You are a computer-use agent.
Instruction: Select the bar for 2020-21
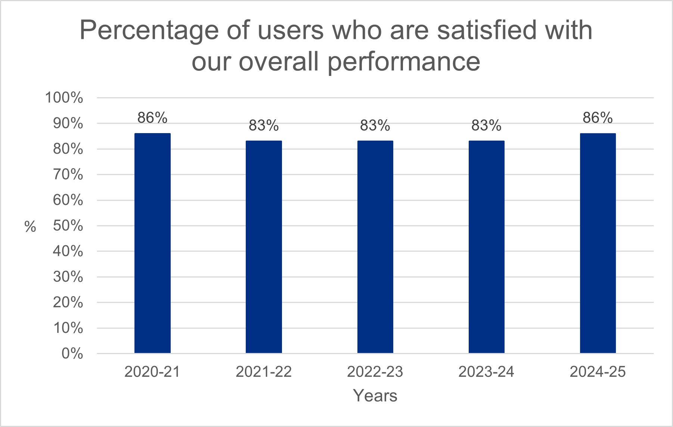pyautogui.click(x=152, y=243)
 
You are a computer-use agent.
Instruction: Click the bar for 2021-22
pyautogui.click(x=264, y=247)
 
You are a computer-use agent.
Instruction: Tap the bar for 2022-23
pyautogui.click(x=375, y=247)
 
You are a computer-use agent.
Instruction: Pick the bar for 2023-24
pyautogui.click(x=486, y=247)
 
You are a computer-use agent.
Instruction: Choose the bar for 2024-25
pyautogui.click(x=598, y=243)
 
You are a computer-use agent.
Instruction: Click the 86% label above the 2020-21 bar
pyautogui.click(x=152, y=118)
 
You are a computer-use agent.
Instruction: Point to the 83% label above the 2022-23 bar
pyautogui.click(x=375, y=126)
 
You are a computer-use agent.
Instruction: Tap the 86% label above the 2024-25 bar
pyautogui.click(x=598, y=118)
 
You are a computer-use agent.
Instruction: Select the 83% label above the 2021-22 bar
pyautogui.click(x=264, y=126)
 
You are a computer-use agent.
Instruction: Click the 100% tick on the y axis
pyautogui.click(x=64, y=98)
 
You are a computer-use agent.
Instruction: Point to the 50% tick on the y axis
pyautogui.click(x=68, y=226)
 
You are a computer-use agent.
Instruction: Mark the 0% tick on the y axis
pyautogui.click(x=72, y=354)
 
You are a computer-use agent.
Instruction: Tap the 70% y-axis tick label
pyautogui.click(x=68, y=175)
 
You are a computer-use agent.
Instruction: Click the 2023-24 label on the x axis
pyautogui.click(x=486, y=372)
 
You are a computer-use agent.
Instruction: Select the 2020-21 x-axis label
pyautogui.click(x=152, y=372)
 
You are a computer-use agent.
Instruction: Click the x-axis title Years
pyautogui.click(x=375, y=396)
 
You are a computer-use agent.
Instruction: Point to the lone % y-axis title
pyautogui.click(x=30, y=227)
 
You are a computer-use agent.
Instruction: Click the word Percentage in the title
pyautogui.click(x=149, y=31)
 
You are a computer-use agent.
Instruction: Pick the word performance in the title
pyautogui.click(x=404, y=62)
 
